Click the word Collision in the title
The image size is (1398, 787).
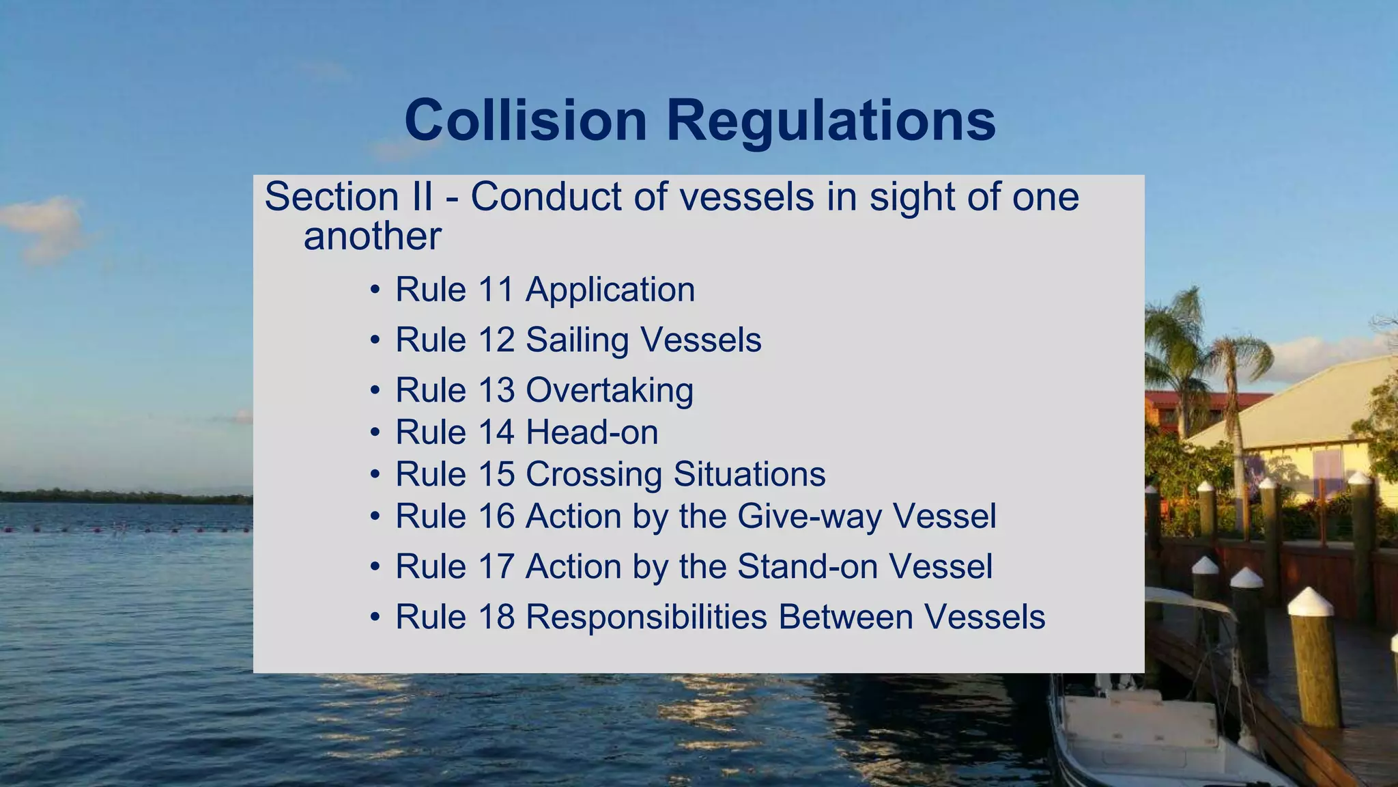click(x=526, y=120)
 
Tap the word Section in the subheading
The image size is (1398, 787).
click(x=332, y=197)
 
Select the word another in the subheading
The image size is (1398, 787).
click(x=372, y=236)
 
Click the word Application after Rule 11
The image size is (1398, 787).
click(x=610, y=290)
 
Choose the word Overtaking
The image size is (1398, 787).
click(x=610, y=391)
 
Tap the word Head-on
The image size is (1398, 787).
click(x=592, y=432)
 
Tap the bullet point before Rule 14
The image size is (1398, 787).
click(x=375, y=433)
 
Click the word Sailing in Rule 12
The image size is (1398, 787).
click(x=577, y=340)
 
